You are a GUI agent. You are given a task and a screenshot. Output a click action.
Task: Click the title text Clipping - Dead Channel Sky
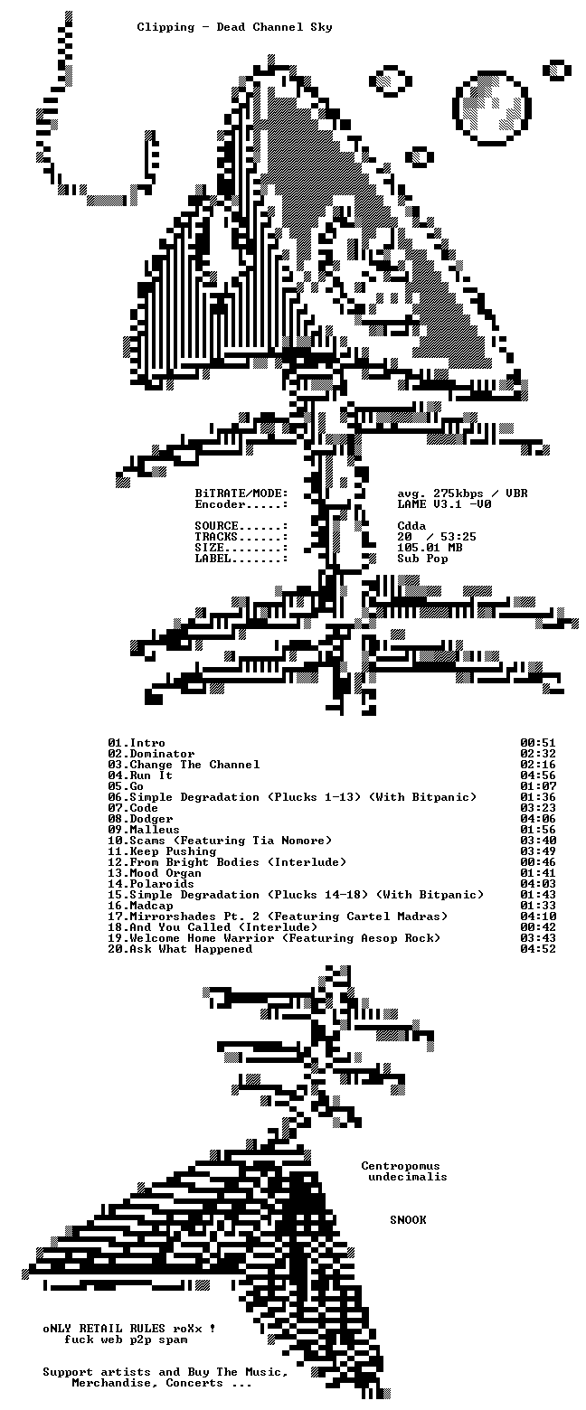pyautogui.click(x=234, y=27)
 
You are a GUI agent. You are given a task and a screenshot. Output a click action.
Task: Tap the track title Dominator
pyautogui.click(x=162, y=754)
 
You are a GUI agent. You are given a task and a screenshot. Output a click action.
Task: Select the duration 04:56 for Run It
pyautogui.click(x=537, y=775)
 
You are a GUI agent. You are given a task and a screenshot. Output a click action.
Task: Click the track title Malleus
pyautogui.click(x=155, y=830)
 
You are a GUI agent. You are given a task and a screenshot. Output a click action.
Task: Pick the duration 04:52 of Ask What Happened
pyautogui.click(x=537, y=949)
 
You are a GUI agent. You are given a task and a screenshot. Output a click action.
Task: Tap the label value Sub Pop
pyautogui.click(x=422, y=559)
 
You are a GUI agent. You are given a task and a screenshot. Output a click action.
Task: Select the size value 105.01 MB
pyautogui.click(x=430, y=548)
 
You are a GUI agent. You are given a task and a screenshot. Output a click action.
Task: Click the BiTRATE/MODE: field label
pyautogui.click(x=241, y=493)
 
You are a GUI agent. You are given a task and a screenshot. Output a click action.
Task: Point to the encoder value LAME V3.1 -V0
pyautogui.click(x=444, y=504)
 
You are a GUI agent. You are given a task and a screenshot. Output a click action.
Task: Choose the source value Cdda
pyautogui.click(x=411, y=526)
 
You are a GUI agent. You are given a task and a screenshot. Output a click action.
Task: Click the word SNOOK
pyautogui.click(x=408, y=1220)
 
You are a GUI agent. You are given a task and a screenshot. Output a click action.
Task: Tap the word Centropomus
pyautogui.click(x=400, y=1166)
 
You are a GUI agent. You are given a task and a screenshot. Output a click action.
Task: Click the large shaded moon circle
pyautogui.click(x=491, y=106)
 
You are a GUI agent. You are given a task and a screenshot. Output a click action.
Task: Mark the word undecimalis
pyautogui.click(x=408, y=1177)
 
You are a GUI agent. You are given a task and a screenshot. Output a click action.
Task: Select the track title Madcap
pyautogui.click(x=151, y=906)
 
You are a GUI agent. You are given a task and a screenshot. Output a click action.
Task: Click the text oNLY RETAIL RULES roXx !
pyautogui.click(x=129, y=1328)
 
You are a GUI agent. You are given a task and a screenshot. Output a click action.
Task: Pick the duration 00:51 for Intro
pyautogui.click(x=537, y=743)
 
